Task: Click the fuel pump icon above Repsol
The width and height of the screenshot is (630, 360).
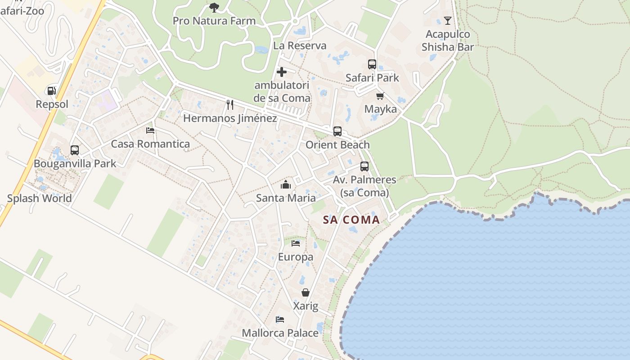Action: pos(52,90)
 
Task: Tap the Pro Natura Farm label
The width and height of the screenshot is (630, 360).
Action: pos(214,21)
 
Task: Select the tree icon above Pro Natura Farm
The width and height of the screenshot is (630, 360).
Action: pos(214,7)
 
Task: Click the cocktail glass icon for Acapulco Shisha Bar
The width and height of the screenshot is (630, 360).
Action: pos(447,20)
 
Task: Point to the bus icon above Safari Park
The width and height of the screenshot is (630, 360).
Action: pos(372,64)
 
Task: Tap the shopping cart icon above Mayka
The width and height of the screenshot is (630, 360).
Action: pos(380,96)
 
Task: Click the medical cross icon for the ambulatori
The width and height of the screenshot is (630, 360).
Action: pos(282,72)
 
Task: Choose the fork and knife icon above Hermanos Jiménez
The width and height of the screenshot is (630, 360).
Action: pos(230,104)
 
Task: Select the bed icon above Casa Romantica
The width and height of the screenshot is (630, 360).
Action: pos(150,130)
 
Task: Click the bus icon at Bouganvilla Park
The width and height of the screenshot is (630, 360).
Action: pos(75,150)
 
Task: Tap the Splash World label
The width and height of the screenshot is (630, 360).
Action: pos(40,198)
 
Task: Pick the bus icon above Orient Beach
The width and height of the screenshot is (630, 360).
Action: pos(337,131)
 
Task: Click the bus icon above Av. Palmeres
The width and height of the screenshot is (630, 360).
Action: pos(364,166)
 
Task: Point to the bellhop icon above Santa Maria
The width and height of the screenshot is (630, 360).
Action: pos(286,184)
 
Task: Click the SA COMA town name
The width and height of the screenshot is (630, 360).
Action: pos(351,220)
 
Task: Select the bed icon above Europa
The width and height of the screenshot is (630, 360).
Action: pos(296,243)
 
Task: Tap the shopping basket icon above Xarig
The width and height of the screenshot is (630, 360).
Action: pos(306,292)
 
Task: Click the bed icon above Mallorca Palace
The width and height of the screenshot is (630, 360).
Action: pos(280,319)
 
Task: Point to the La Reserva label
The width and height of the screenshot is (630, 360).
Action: pos(300,45)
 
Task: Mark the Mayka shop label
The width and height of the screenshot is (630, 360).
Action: pos(381,109)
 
